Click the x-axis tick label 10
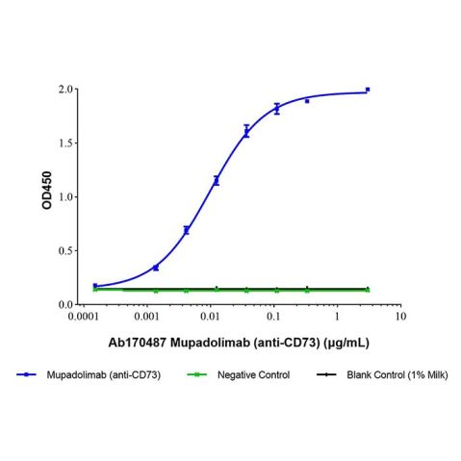[x=399, y=316]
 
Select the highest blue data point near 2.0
[x=368, y=90]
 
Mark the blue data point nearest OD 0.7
[x=186, y=230]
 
